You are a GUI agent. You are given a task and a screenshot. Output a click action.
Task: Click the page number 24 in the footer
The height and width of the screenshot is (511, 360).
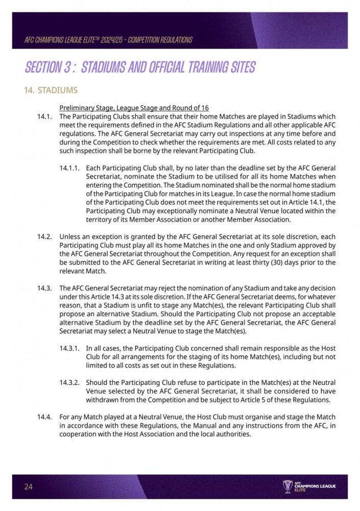pos(28,486)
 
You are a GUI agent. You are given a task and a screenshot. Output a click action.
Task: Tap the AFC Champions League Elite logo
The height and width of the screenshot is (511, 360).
pos(308,486)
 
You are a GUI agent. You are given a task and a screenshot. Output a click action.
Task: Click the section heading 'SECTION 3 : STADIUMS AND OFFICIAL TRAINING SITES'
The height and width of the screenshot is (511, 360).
pos(140,67)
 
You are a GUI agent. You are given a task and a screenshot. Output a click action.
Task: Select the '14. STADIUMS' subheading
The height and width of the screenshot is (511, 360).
pos(51,90)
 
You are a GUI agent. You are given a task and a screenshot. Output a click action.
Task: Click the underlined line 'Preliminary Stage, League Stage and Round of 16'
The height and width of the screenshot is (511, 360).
pos(134,108)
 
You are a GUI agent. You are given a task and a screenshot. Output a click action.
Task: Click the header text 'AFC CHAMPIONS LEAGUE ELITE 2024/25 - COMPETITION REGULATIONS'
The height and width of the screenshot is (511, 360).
pos(108,40)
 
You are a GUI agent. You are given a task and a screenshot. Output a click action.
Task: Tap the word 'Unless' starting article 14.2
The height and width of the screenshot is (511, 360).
pos(70,237)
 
